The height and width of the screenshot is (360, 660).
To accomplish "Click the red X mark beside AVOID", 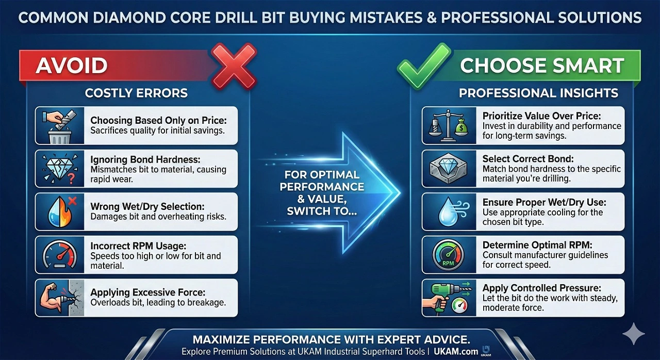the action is tap(234, 66).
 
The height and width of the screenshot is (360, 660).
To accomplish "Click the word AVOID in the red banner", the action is tap(72, 66).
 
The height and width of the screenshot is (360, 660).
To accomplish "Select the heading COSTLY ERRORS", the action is tap(136, 93).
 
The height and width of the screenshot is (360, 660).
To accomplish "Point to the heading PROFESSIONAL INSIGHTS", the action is tap(538, 93).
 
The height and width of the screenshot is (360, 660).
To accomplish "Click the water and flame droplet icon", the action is tap(60, 211).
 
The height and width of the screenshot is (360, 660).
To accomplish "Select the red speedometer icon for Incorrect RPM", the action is tap(60, 255).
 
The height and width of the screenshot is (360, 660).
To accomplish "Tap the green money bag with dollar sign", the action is tap(461, 127).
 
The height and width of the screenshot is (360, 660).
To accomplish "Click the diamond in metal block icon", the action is tap(449, 169).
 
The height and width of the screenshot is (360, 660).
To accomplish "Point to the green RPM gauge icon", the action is tap(448, 255).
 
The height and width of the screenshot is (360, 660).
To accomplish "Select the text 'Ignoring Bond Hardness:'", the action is tap(145, 160).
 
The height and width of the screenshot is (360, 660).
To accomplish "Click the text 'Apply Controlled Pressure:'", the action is tap(541, 288).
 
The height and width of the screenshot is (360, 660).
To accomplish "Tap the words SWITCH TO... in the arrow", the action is tap(322, 211).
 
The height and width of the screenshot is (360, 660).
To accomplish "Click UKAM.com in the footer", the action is tap(456, 351).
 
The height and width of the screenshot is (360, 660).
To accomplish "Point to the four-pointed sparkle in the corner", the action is tap(634, 334).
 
